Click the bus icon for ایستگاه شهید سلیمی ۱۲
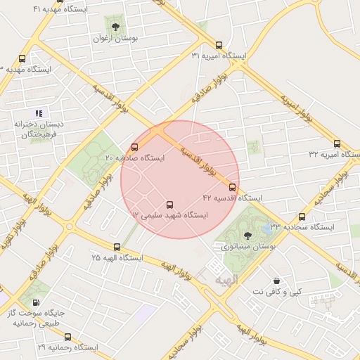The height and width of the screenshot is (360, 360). point(169,205)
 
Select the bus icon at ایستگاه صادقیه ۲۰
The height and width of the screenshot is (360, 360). point(134,147)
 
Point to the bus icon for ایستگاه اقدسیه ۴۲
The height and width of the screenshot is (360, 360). point(233,187)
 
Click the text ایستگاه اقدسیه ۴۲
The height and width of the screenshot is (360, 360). point(232,198)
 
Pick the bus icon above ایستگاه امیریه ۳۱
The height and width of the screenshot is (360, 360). point(219,44)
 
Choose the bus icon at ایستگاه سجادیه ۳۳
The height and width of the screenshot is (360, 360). point(302,217)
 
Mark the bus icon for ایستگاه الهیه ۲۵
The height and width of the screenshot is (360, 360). point(117,247)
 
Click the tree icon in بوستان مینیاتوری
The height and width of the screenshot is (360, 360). point(246,236)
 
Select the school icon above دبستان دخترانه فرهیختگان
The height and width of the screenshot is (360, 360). point(39,112)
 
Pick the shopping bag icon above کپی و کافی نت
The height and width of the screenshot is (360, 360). point(276,281)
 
